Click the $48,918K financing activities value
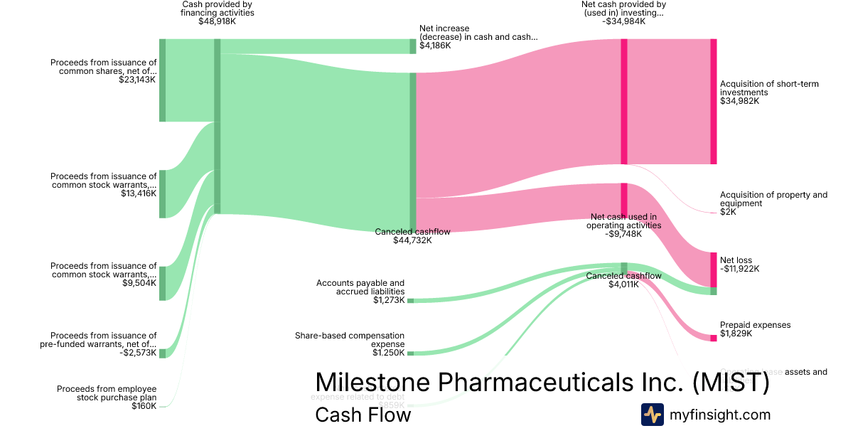point(217,21)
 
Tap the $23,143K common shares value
point(138,80)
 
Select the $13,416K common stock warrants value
point(139,193)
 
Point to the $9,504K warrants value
point(139,283)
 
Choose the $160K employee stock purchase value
point(144,406)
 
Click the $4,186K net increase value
point(434,46)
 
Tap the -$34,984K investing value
point(623,21)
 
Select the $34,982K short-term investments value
point(739,101)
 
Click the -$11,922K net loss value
point(739,269)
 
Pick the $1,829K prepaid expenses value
point(736,334)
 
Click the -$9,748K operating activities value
point(623,234)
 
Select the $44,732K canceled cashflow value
point(412,240)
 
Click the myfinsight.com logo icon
point(653,415)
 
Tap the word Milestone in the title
point(372,382)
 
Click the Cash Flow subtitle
point(363,415)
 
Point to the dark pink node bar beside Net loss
point(714,269)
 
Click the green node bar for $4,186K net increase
point(412,46)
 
